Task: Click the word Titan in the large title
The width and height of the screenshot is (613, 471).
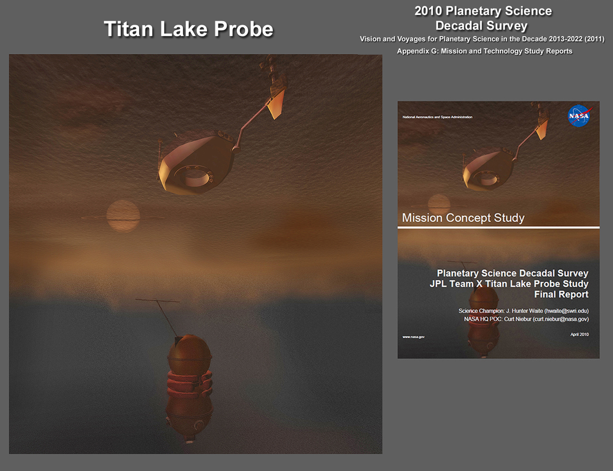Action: (x=129, y=29)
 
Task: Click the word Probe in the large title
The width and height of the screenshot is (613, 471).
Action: (x=244, y=29)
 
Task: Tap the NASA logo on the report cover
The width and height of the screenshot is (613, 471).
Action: (x=579, y=116)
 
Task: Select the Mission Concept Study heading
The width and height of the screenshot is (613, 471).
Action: (x=463, y=218)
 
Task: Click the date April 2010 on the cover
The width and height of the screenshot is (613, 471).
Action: (x=580, y=334)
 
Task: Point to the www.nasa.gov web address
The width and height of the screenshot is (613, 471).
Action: (x=414, y=337)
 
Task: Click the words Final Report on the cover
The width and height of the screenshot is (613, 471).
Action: (x=561, y=294)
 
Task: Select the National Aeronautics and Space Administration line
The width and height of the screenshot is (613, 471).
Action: (x=437, y=117)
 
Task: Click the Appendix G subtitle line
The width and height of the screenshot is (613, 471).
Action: (x=485, y=51)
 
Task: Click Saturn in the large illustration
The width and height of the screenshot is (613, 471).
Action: (x=123, y=216)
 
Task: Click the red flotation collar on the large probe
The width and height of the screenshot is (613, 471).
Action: (x=190, y=383)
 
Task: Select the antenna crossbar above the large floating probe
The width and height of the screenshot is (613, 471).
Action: (x=157, y=300)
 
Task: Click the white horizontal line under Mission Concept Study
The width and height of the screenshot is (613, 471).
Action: (x=498, y=227)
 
